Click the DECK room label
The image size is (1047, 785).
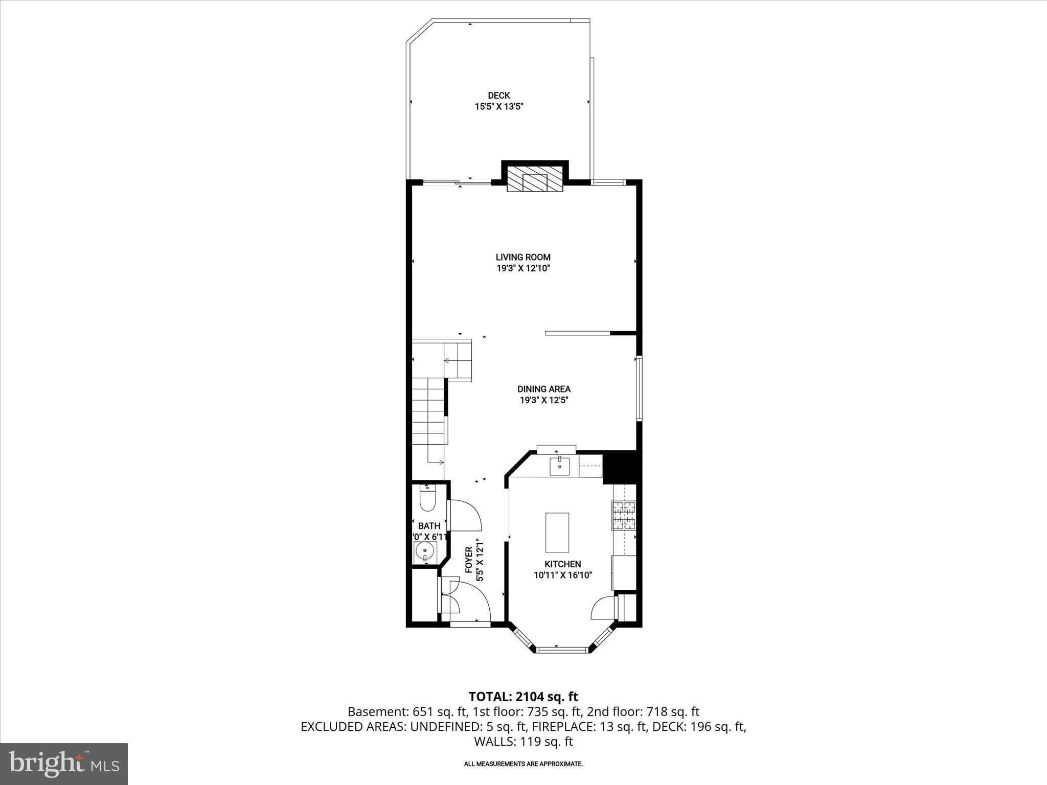(498, 96)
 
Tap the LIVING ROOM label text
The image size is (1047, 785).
(523, 258)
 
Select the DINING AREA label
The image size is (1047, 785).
(544, 389)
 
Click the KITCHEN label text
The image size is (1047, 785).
(562, 564)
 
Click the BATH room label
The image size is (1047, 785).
(429, 526)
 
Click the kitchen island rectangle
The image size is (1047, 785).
(557, 533)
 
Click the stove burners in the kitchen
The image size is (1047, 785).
(624, 515)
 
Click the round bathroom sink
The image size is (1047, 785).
(424, 552)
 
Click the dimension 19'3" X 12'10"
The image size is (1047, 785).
(523, 269)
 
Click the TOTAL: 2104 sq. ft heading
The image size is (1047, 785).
(523, 697)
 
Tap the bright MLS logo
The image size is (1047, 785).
(64, 764)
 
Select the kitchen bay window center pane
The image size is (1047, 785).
(562, 650)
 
